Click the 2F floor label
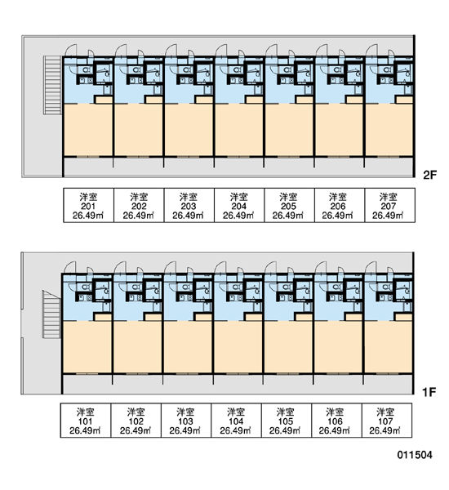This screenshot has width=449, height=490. (429, 175)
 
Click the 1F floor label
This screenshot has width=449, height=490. (429, 392)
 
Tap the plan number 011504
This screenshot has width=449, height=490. (415, 455)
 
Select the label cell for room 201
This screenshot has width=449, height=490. (89, 205)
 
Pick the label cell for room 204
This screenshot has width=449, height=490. (239, 205)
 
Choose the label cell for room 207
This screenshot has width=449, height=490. (390, 205)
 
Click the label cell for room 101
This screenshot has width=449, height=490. (86, 421)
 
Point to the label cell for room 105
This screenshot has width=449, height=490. (287, 421)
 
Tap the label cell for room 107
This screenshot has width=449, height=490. (387, 421)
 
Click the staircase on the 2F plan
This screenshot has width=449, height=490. (52, 85)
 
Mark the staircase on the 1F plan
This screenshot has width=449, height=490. (51, 314)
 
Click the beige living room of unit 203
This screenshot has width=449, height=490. (189, 130)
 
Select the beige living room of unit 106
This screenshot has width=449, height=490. (338, 347)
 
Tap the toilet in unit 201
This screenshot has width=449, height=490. (85, 69)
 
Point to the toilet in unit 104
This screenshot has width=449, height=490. (236, 287)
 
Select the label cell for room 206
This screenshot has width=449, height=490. (340, 205)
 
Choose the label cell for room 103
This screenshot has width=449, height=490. (186, 421)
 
